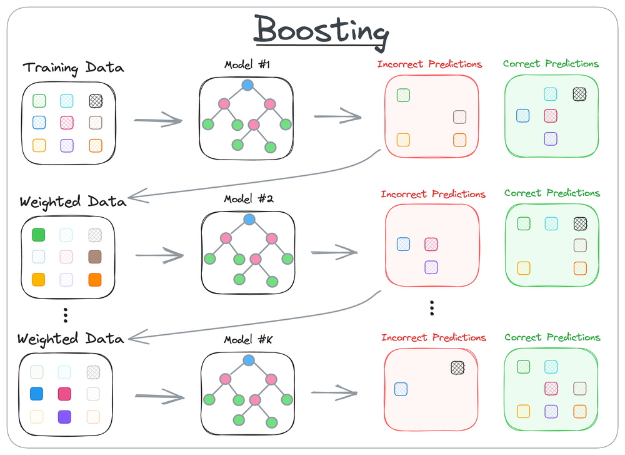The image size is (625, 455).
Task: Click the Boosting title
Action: coord(321,30)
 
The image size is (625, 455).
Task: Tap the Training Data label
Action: coord(73,68)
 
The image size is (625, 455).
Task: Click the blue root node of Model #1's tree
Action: coord(247,85)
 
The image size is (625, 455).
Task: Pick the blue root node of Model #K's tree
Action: coord(249,360)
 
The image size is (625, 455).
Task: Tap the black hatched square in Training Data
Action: coord(95,101)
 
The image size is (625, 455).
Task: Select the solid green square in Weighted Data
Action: coord(39,235)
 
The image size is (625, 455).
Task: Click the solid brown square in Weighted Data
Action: coord(95,257)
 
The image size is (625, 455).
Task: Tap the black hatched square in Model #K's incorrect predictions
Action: coord(459,367)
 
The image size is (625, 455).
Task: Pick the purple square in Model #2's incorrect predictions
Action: coord(431,267)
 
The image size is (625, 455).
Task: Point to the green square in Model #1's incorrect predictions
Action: coord(403,95)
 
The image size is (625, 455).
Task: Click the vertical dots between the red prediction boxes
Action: coord(432,308)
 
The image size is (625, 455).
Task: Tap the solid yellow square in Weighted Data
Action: coord(39,279)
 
